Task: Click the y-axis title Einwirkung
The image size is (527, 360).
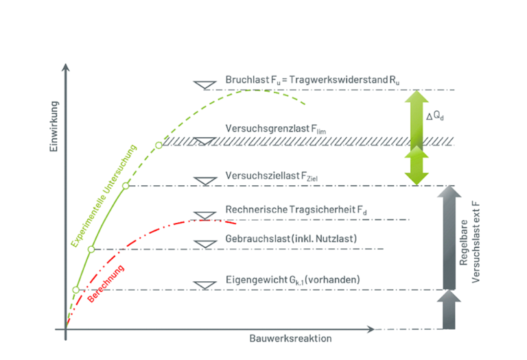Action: pos(54,127)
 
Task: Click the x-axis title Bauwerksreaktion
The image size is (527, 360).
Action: pos(292,339)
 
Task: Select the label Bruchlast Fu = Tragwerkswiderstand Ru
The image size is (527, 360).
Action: pos(312,80)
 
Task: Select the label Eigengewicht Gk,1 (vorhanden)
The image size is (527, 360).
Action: pos(292,280)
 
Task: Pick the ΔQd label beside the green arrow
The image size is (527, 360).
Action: pos(434,116)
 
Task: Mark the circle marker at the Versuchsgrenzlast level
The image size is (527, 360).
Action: pos(159,145)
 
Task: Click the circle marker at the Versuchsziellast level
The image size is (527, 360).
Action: pos(126,186)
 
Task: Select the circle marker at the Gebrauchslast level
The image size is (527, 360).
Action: pos(91,249)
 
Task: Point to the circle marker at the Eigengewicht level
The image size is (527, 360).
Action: pos(75,289)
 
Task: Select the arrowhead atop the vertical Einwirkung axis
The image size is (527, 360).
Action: pos(66,69)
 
